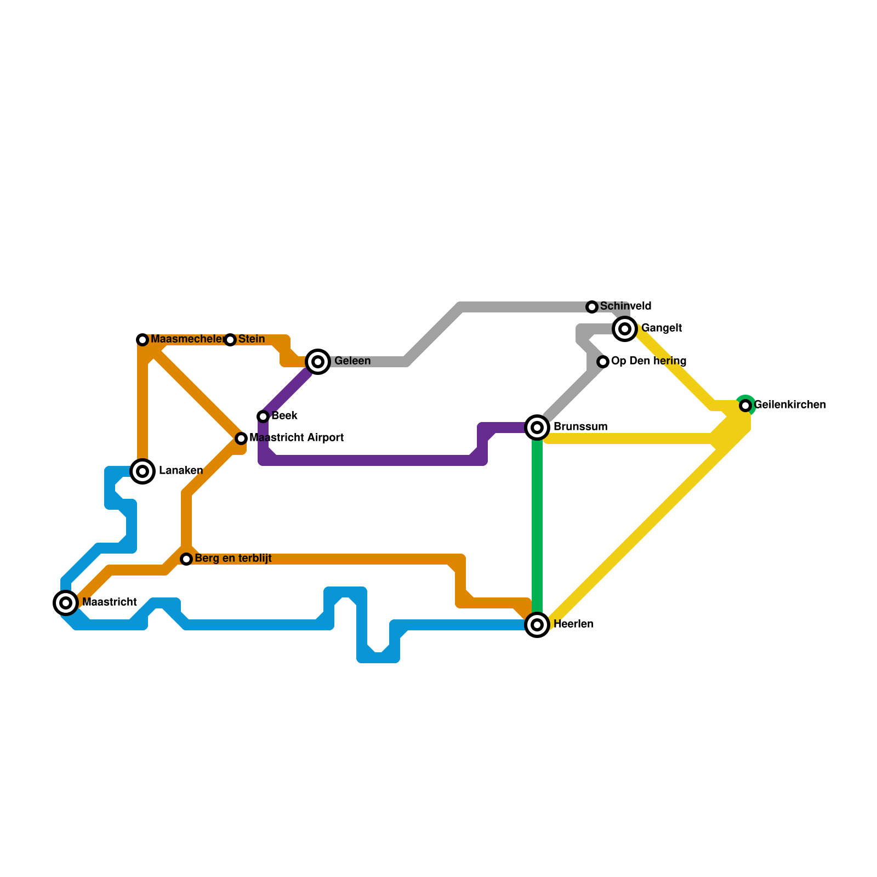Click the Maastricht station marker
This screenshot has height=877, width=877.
(x=66, y=603)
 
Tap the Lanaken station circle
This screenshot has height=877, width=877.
(x=143, y=471)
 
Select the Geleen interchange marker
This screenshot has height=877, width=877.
(x=318, y=362)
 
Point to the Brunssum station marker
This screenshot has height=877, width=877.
(x=537, y=428)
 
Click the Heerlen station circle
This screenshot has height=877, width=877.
(x=537, y=625)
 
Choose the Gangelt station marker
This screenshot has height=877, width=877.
(x=625, y=329)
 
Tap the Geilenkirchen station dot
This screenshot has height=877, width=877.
(x=745, y=406)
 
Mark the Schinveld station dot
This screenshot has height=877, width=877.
(x=592, y=307)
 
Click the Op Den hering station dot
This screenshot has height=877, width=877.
(x=603, y=362)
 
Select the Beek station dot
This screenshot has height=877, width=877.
(x=263, y=417)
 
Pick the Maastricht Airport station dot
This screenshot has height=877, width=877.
(x=241, y=438)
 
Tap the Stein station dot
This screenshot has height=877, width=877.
(x=230, y=340)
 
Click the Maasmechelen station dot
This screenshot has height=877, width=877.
(x=143, y=340)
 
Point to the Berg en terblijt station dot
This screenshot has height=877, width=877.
(x=186, y=559)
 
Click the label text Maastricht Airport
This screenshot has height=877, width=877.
(x=297, y=438)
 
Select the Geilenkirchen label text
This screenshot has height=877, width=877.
(x=790, y=405)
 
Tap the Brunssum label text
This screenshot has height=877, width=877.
(x=580, y=427)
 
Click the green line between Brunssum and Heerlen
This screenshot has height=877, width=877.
(x=537, y=526)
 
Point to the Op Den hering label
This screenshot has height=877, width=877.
(x=648, y=361)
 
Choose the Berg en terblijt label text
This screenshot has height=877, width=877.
(x=233, y=559)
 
